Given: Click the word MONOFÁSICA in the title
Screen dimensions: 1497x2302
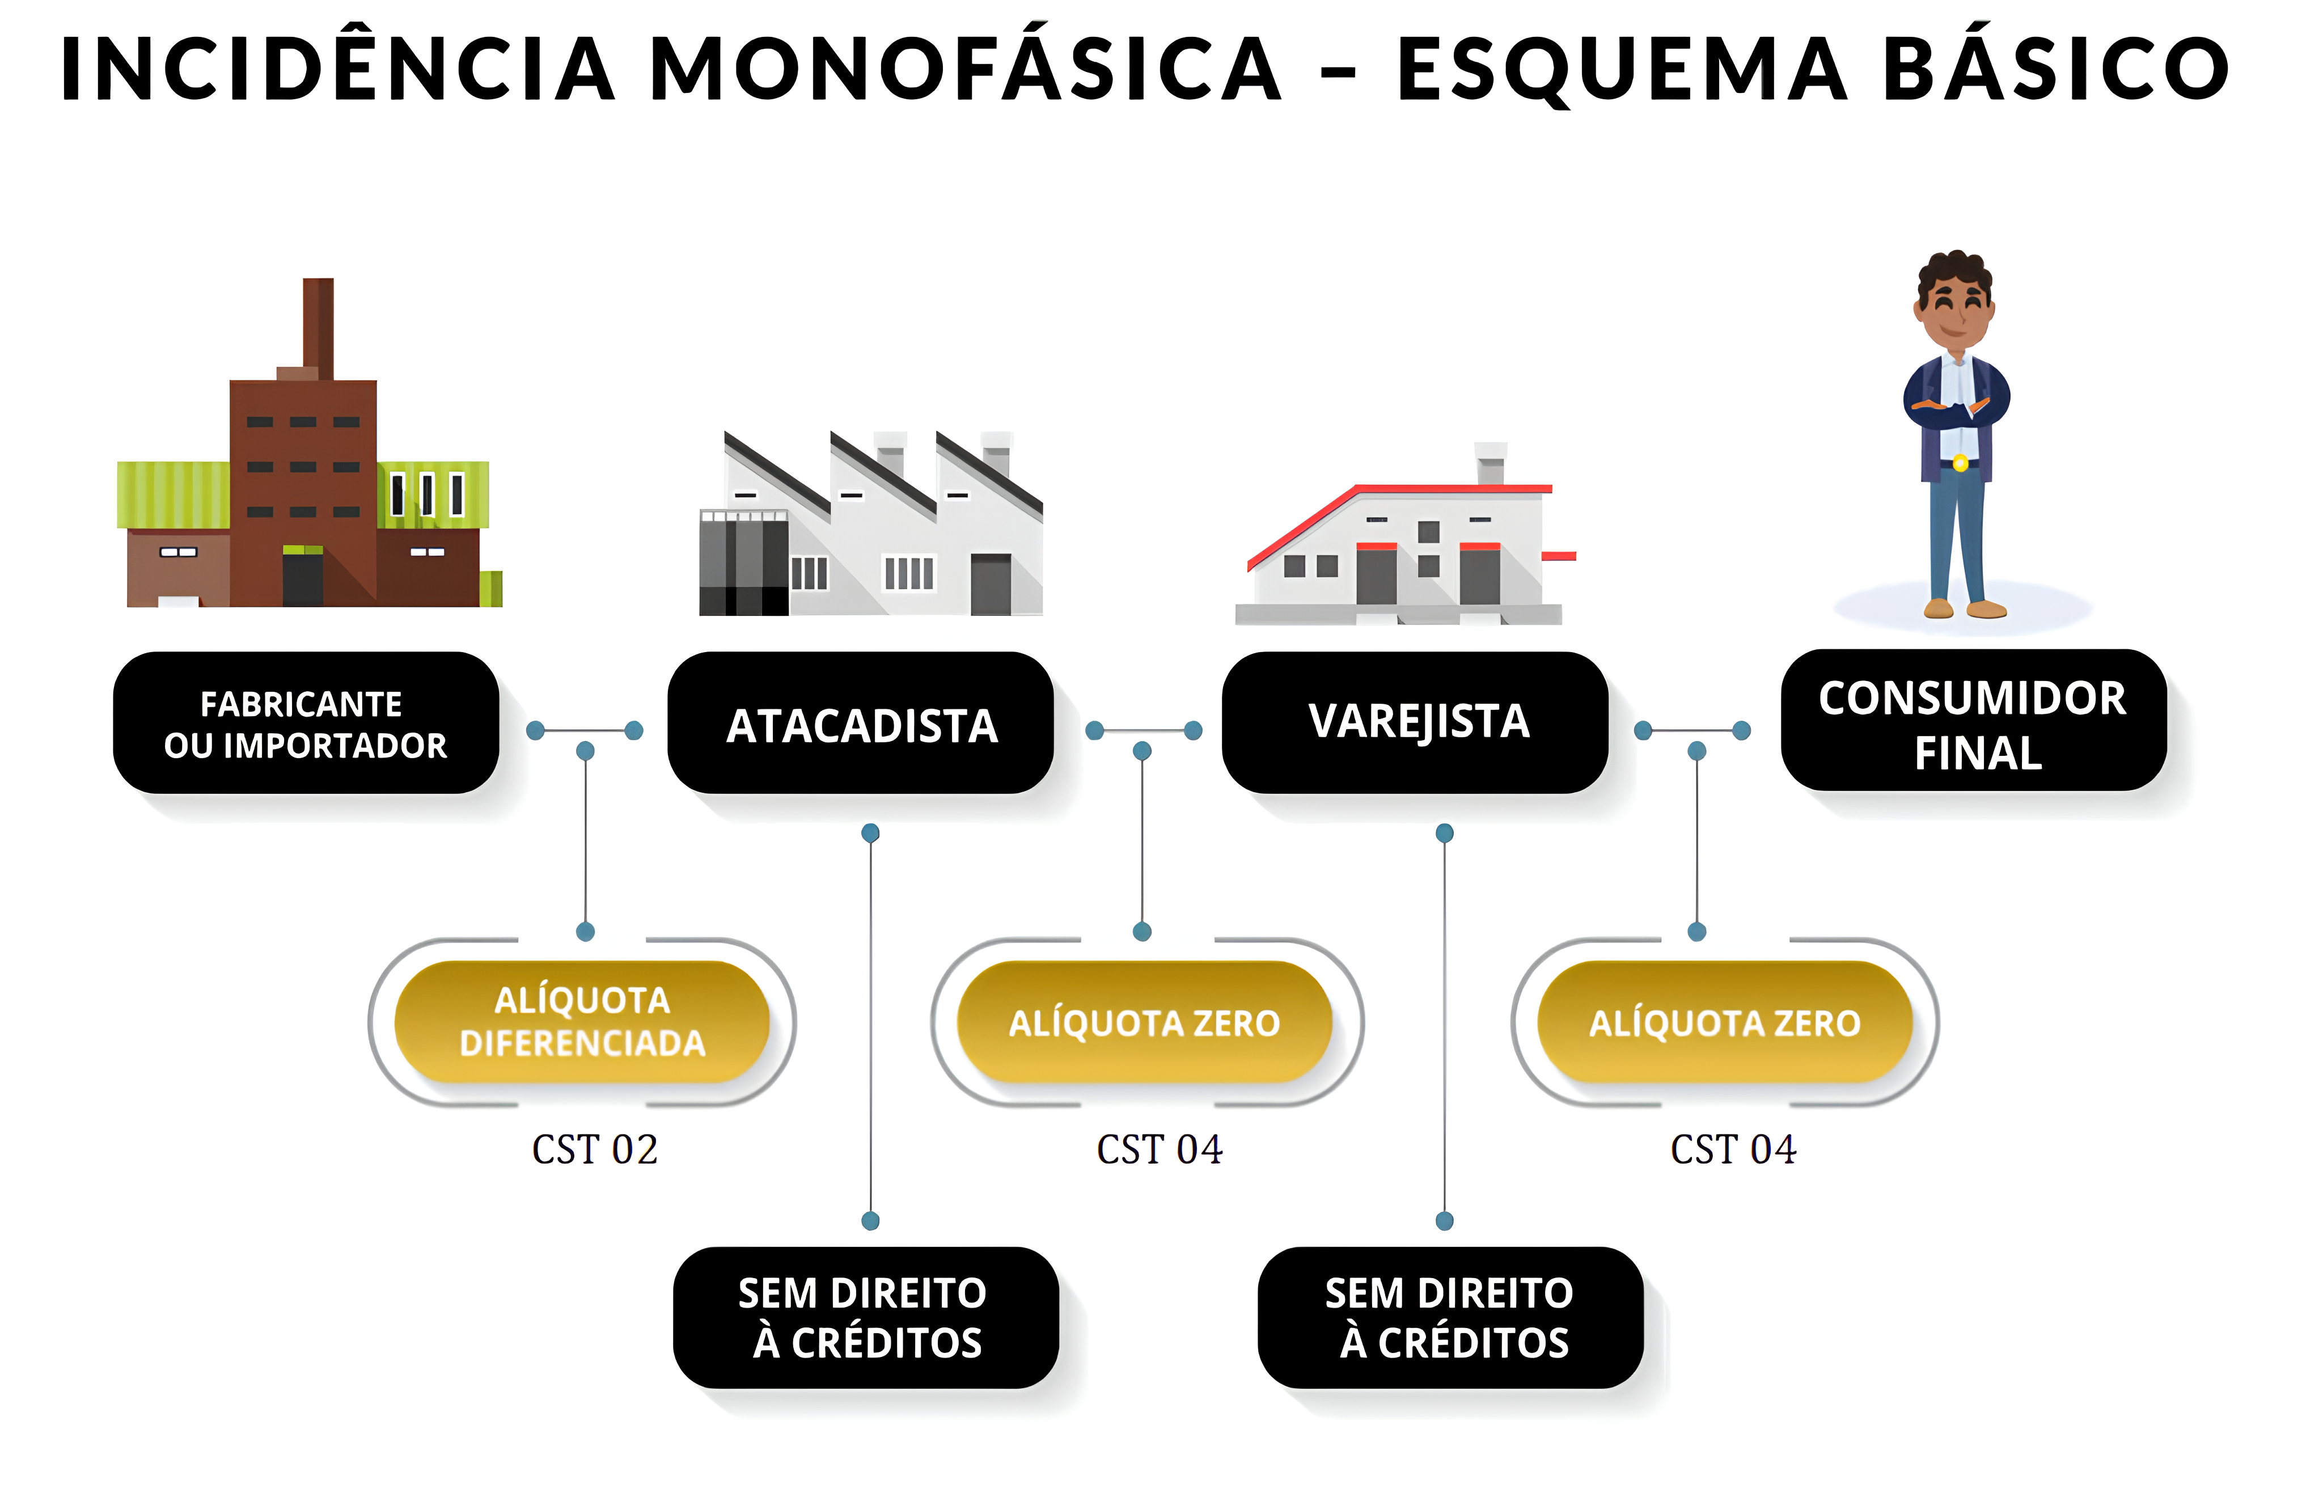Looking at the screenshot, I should click(x=965, y=70).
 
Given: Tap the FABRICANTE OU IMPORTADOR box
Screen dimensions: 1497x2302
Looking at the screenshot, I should click(x=306, y=724).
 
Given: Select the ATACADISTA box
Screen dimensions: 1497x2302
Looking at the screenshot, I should click(x=861, y=724).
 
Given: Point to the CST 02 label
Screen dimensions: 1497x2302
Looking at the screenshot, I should click(x=595, y=1149).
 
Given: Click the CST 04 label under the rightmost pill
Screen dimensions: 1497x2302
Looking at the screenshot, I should click(x=1733, y=1149).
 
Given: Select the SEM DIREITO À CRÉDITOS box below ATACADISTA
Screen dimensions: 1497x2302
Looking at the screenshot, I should click(x=866, y=1317).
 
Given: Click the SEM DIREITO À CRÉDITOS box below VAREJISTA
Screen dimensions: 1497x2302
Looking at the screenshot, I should click(x=1450, y=1317).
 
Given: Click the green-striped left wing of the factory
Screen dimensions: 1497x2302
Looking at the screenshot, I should click(x=173, y=494).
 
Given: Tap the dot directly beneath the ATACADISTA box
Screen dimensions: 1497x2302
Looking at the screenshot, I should click(x=870, y=832).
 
